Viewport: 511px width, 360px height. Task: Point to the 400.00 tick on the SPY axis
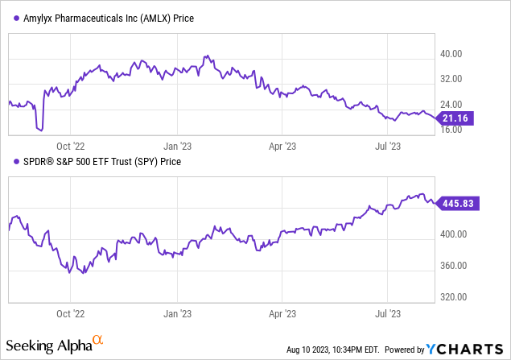(459, 234)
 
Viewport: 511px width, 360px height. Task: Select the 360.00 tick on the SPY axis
(459, 266)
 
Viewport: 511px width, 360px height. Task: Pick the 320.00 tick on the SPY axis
(459, 296)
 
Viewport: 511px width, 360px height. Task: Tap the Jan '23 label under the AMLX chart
(176, 147)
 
